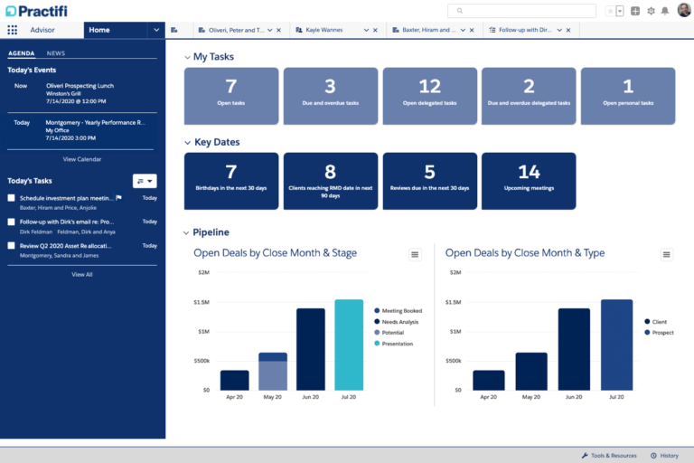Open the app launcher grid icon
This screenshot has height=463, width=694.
(x=13, y=30)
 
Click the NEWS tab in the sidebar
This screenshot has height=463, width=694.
(x=56, y=53)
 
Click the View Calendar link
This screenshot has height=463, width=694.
(x=82, y=159)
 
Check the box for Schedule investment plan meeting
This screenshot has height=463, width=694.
(x=12, y=198)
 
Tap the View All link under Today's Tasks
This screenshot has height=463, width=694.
(x=82, y=274)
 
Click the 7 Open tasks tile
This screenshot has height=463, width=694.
(x=231, y=94)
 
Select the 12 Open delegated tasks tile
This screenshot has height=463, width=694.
(x=429, y=94)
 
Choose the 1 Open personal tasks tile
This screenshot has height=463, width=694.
(x=628, y=94)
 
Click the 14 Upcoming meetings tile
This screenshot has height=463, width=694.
(x=529, y=180)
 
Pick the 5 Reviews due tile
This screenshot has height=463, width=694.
(x=429, y=180)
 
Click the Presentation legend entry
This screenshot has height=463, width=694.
(x=397, y=344)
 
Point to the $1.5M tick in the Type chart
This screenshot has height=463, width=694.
(x=458, y=302)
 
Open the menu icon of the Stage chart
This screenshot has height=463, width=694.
(x=415, y=255)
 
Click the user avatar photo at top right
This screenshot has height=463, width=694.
(x=684, y=10)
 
